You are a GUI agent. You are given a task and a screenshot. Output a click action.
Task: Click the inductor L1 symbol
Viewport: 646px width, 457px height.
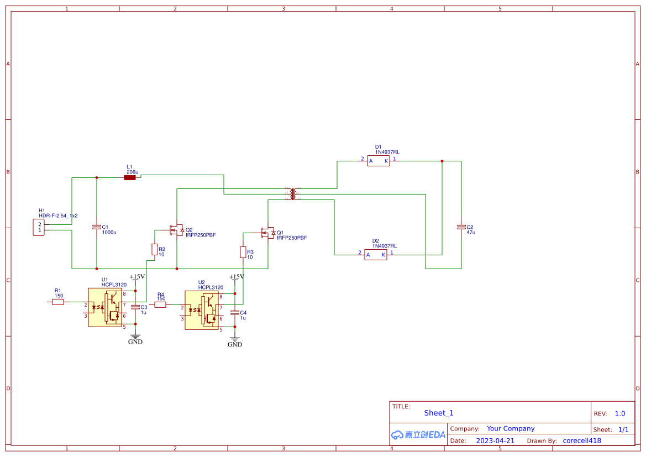130,177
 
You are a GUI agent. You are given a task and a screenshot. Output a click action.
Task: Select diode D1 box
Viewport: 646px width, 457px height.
379,161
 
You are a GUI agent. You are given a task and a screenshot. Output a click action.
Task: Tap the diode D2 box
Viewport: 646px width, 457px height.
376,254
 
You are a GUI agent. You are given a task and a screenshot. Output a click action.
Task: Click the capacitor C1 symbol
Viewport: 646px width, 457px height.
97,227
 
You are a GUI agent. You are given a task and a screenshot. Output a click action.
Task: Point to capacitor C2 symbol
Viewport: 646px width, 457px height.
461,227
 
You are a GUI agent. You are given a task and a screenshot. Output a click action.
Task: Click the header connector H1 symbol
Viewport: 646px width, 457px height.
39,227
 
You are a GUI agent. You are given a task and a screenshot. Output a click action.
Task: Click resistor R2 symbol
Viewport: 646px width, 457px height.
154,249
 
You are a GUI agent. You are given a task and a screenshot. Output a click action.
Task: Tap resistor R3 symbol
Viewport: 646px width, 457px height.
243,252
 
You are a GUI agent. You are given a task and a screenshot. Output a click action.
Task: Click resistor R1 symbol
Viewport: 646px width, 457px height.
58,302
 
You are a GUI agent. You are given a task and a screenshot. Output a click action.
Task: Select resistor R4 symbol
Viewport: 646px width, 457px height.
160,304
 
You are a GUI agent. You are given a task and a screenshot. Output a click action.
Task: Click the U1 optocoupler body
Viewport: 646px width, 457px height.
105,307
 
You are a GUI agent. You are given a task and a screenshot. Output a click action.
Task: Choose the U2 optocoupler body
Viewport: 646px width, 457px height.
202,310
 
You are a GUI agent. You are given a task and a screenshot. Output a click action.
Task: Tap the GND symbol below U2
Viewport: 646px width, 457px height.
235,343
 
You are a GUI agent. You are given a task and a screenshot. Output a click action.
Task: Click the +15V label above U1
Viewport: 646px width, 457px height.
137,276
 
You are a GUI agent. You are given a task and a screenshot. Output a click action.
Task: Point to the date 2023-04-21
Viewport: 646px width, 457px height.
495,441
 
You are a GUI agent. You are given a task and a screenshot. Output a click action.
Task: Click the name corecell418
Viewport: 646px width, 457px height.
581,441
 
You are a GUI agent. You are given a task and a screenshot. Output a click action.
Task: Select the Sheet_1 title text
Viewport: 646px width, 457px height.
438,413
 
